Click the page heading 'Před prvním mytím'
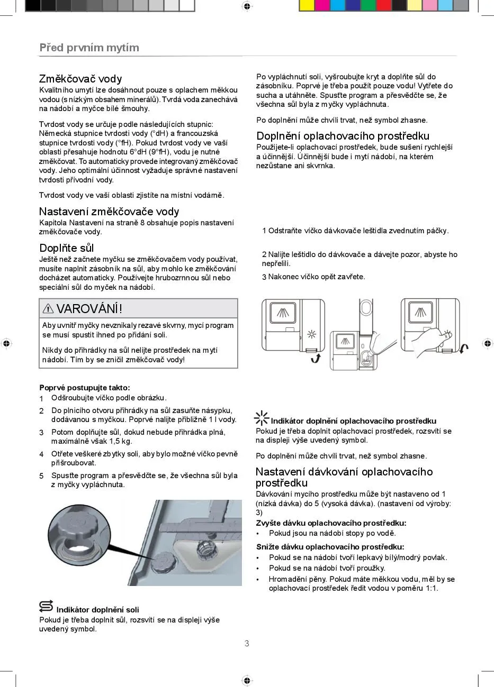pos(89,48)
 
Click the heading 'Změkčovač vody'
pos(80,79)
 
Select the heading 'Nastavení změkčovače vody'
pos(109,212)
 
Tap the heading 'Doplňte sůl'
pos(67,248)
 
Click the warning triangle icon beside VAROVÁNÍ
pos(48,308)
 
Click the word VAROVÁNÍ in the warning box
pos(89,308)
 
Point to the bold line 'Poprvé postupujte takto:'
pos(85,388)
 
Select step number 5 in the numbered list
pos(41,476)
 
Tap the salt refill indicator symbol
pos(46,607)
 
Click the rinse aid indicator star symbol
pos(262,418)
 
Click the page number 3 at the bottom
pos(247,644)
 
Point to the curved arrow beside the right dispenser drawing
pos(464,349)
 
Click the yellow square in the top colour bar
pos(307,5)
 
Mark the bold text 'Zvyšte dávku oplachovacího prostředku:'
pos(331,523)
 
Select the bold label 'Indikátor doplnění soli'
pos(97,610)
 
